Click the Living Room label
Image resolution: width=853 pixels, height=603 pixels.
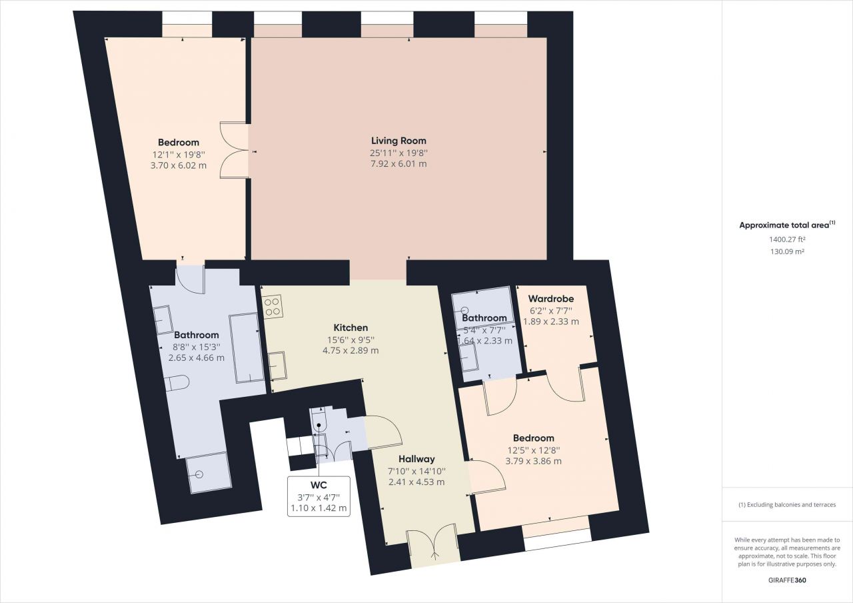point(399,141)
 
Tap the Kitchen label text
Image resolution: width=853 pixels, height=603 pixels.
point(351,328)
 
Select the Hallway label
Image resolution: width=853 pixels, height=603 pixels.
point(417,459)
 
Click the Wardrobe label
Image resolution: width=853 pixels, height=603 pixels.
point(551,298)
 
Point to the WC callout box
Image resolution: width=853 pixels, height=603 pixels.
point(319,496)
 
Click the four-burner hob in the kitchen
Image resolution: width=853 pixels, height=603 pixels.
point(273,306)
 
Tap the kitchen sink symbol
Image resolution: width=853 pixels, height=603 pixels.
point(277,366)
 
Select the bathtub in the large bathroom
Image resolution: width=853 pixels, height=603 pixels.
point(247,348)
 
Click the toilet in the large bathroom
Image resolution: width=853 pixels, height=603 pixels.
point(177,383)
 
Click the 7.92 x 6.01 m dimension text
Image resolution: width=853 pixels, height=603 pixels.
point(399,164)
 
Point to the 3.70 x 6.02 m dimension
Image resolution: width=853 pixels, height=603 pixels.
point(179,165)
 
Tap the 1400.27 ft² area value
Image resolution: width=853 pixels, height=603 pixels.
point(787,239)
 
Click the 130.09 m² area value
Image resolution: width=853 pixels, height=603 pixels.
point(787,251)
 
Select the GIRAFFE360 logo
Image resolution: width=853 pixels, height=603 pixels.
point(787,580)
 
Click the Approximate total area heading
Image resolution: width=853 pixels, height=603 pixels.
point(787,225)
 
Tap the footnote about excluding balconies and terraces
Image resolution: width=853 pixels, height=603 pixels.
point(787,505)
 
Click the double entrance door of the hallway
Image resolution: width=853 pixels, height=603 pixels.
point(433,543)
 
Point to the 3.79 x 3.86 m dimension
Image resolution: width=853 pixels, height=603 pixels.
point(533,461)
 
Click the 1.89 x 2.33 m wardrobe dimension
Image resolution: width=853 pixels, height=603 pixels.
point(551,322)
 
